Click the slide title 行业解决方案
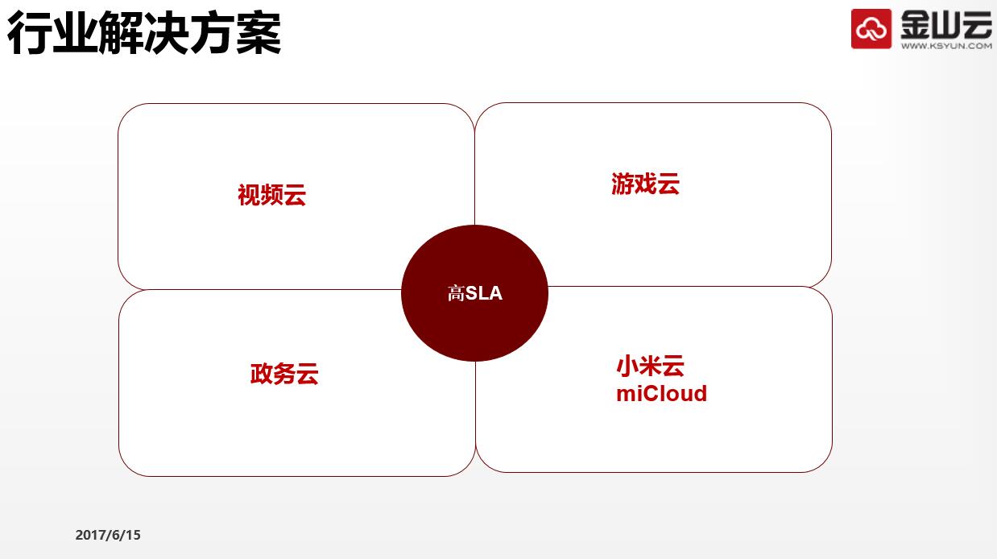[x=144, y=33]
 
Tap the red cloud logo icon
[x=871, y=28]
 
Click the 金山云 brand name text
[x=946, y=24]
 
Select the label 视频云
[x=272, y=195]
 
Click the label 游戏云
[x=645, y=184]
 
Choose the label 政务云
[x=284, y=374]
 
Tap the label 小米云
[x=650, y=366]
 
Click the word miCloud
[x=661, y=394]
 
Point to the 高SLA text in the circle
[x=475, y=293]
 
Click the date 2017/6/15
[x=108, y=535]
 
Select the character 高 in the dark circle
[x=456, y=293]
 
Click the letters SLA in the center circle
[x=484, y=293]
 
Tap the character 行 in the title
[x=30, y=33]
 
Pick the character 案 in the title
[x=259, y=33]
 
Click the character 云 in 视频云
[x=295, y=196]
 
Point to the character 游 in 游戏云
[x=623, y=184]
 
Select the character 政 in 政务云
[x=261, y=374]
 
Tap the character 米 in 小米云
[x=650, y=366]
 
